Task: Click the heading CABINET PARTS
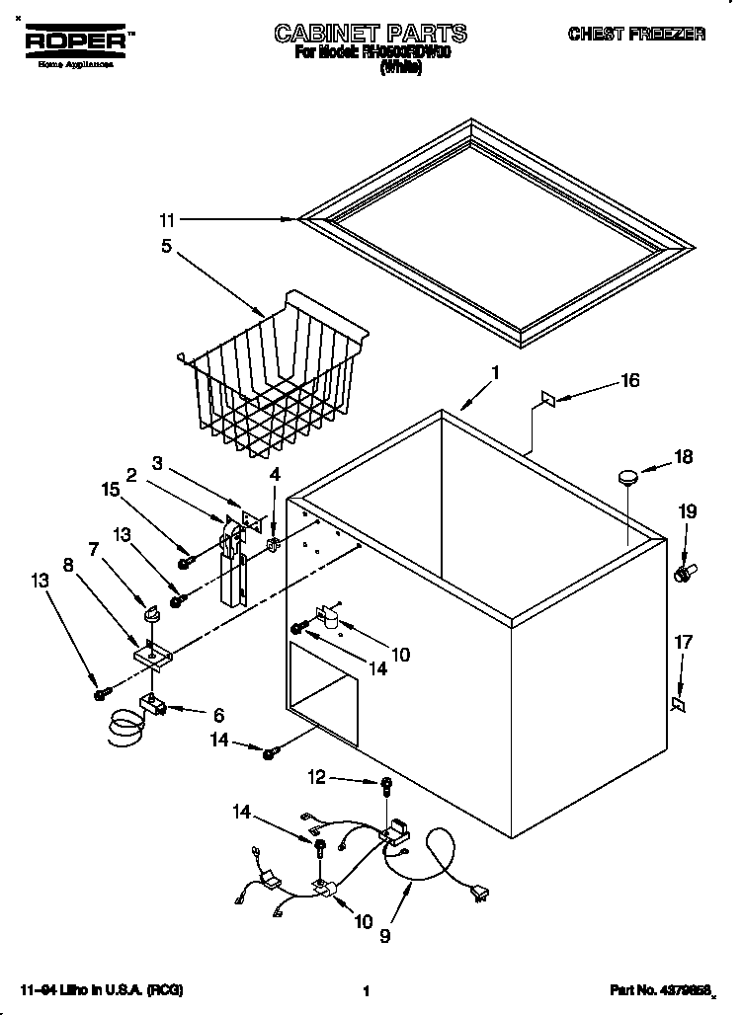coord(371,34)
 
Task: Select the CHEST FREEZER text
coord(635,35)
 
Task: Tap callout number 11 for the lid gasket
coord(168,219)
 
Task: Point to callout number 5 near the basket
coord(167,246)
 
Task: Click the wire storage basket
coord(273,375)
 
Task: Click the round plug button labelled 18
coord(627,477)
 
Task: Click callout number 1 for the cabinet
coord(495,374)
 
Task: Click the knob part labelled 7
coord(153,616)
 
